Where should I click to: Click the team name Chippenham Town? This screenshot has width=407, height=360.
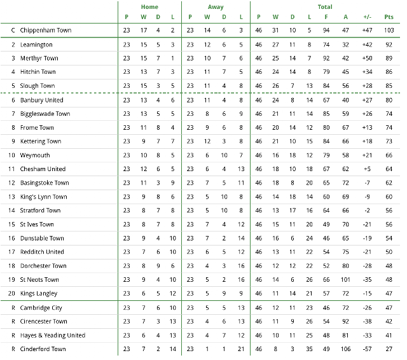(x=45, y=31)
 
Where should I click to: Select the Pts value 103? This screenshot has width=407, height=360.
(x=389, y=31)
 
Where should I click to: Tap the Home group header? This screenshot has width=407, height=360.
(x=149, y=7)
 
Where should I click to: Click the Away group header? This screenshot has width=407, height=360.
(x=216, y=7)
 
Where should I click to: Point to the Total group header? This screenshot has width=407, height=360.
(x=324, y=7)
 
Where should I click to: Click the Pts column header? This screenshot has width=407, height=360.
(x=389, y=17)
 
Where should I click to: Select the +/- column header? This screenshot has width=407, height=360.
(x=367, y=17)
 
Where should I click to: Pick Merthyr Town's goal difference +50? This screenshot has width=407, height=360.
(x=367, y=59)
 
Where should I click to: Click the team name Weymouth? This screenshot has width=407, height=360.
(x=35, y=155)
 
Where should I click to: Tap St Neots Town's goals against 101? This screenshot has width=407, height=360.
(x=345, y=280)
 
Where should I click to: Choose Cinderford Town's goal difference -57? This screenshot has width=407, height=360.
(x=367, y=349)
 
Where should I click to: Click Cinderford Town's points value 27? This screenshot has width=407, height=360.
(x=389, y=349)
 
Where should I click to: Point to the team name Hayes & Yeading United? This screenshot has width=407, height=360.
(x=52, y=335)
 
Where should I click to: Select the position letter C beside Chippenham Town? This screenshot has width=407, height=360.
(x=12, y=31)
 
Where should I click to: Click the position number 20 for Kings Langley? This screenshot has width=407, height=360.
(x=12, y=294)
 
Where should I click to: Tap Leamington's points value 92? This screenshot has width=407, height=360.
(x=389, y=45)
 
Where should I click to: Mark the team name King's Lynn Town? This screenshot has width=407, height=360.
(x=43, y=197)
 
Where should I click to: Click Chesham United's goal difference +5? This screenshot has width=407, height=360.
(x=367, y=169)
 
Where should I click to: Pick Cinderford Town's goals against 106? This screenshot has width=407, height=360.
(x=345, y=349)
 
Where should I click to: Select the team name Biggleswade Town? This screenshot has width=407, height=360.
(x=45, y=114)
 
